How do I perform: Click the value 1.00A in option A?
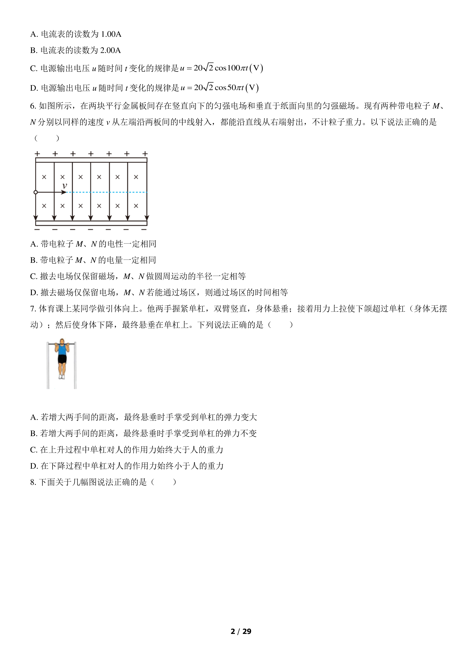111,34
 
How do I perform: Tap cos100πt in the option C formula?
231,68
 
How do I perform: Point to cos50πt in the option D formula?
229,88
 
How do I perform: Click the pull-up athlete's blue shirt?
62,350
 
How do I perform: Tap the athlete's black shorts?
62,359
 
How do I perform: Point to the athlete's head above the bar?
62,341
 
